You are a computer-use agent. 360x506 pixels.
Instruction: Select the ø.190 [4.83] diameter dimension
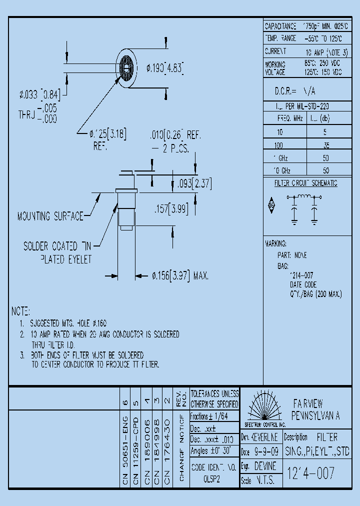[165, 68]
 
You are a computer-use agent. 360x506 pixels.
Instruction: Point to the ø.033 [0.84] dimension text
[39, 94]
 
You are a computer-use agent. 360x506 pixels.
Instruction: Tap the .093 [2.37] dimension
[194, 184]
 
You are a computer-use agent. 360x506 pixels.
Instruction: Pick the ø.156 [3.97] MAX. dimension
[179, 275]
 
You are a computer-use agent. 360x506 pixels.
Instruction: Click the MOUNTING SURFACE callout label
[50, 216]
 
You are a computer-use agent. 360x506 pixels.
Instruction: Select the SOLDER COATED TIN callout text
[57, 246]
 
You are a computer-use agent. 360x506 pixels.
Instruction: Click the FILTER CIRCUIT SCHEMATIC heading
[306, 183]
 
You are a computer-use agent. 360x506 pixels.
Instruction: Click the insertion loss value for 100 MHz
[326, 146]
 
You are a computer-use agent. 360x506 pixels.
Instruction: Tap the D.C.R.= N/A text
[295, 91]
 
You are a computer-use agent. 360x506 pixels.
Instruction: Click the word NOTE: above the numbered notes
[21, 311]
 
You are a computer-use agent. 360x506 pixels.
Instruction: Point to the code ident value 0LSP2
[211, 478]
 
